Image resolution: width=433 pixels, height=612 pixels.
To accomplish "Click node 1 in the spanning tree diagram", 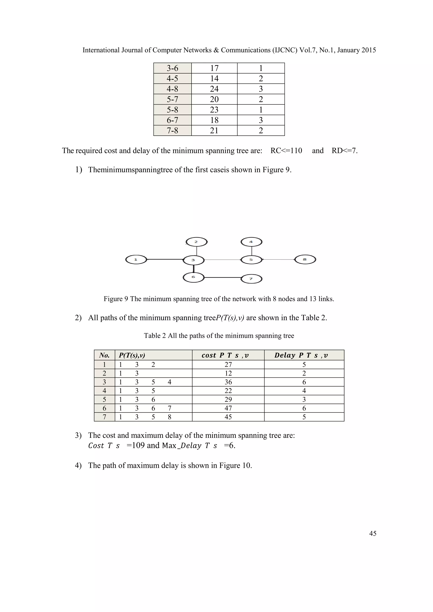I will pos(136,260).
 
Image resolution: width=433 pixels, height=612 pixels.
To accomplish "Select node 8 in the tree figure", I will pos(305,259).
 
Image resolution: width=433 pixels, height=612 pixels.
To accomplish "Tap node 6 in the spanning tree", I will pos(193,277).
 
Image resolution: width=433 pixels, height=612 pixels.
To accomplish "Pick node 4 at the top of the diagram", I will pos(251,242).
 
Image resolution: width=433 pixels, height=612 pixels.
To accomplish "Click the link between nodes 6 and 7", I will pos(222,278).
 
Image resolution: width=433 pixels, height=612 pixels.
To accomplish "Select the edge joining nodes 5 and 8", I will pos(278,259).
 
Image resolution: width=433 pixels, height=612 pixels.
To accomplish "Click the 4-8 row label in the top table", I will pos(172,89).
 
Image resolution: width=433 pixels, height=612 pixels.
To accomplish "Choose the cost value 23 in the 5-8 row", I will pos(214,109).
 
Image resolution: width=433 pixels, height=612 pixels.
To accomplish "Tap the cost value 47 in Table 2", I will pos(228,408).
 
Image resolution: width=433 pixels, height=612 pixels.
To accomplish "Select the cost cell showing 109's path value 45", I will pos(228,417).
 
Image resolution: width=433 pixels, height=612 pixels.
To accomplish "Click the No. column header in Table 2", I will pos(104,355).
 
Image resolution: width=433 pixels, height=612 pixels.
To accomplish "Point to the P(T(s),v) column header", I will pos(132,355).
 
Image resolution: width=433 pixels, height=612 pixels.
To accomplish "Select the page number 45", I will pos(373,533).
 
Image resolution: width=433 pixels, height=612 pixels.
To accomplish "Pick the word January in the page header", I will pos(348,50).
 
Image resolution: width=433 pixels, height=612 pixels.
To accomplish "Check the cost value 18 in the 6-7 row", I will pos(214,120).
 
